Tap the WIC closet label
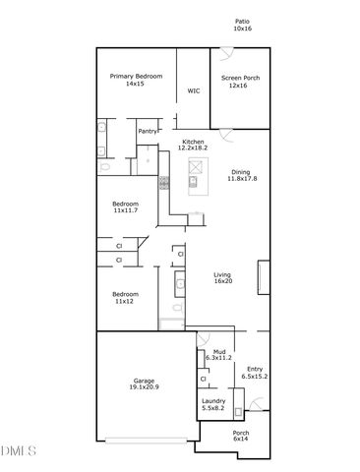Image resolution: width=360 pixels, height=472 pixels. tap(194, 91)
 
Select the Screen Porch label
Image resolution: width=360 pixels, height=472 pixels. tap(238, 82)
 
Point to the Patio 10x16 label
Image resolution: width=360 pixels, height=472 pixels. tap(243, 25)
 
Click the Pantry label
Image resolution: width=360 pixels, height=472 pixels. tap(147, 131)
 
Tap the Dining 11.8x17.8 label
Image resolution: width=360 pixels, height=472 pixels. tap(241, 175)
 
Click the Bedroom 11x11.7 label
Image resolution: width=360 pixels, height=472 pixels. tap(125, 207)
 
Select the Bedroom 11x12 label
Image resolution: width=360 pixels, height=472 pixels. tap(124, 297)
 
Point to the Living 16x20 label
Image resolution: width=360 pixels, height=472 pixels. tap(223, 278)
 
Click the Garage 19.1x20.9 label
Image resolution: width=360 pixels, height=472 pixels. tap(146, 384)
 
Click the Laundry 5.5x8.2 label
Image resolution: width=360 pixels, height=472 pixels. tap(213, 404)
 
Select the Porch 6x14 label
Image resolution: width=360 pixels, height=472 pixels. tap(241, 436)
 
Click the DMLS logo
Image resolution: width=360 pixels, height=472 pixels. tap(18, 451)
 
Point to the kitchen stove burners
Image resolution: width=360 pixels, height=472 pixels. tap(164, 182)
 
